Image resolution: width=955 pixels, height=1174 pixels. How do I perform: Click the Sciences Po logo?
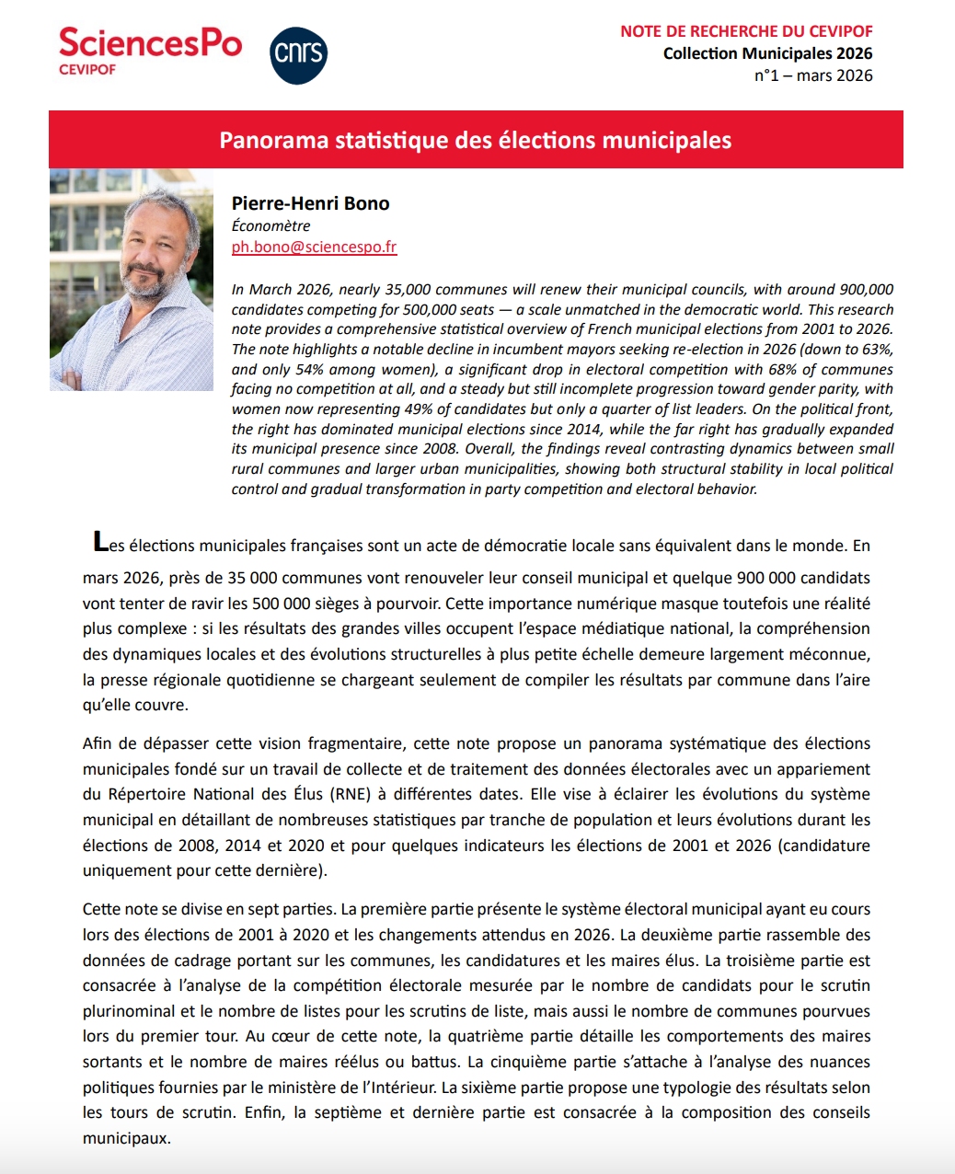coord(150,50)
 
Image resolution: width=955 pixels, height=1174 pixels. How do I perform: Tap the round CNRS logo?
coord(299,55)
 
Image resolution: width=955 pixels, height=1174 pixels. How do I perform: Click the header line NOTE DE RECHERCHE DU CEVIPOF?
coord(746,31)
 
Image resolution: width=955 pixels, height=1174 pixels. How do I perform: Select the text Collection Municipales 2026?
coord(767,53)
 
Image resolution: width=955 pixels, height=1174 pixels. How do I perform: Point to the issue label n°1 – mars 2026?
coord(813,75)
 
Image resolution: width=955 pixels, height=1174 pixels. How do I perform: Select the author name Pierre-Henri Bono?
coord(310,203)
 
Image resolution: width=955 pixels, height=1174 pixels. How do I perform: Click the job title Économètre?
coord(270,225)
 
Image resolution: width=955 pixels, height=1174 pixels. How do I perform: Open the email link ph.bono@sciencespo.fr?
coord(314,247)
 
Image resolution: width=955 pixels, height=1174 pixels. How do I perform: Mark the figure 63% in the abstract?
coord(877,350)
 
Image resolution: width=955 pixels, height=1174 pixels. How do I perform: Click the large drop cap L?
coord(100,542)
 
